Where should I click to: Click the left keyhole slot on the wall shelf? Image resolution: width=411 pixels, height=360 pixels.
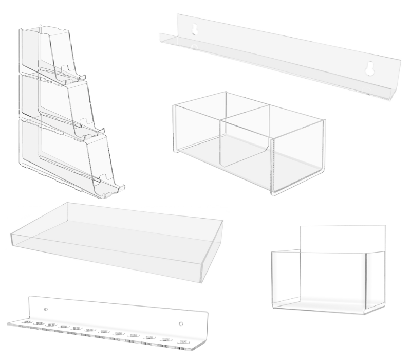[x=194, y=31]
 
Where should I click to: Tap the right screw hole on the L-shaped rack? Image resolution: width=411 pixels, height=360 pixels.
[x=180, y=323]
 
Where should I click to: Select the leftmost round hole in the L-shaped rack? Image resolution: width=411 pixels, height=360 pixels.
[x=27, y=322]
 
